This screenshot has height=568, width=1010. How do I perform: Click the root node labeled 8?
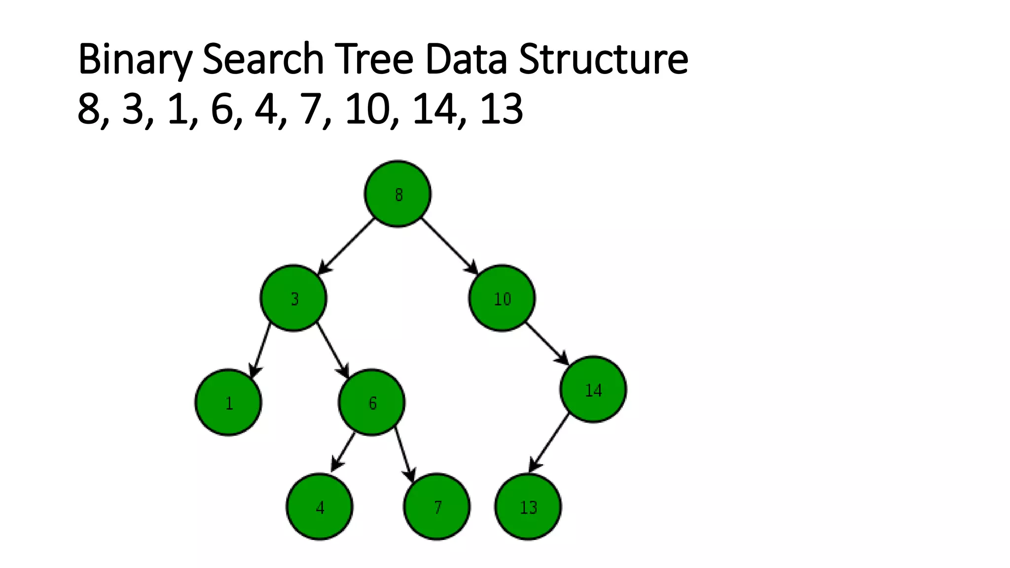(397, 194)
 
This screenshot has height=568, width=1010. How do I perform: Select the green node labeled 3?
(293, 298)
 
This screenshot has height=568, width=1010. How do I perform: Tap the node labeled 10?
(502, 298)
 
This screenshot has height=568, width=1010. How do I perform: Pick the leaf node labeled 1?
(228, 402)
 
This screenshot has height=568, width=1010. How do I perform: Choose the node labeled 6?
(371, 402)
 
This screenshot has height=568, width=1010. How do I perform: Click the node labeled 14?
(593, 390)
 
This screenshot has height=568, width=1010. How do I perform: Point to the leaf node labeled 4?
(320, 506)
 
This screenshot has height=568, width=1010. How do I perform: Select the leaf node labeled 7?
(436, 506)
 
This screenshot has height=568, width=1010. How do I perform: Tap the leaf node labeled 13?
(528, 506)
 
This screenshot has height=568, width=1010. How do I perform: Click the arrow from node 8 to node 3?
(346, 246)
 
